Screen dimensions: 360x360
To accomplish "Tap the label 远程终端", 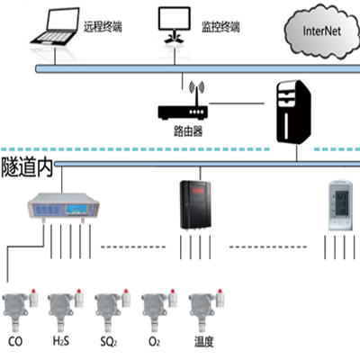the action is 103,27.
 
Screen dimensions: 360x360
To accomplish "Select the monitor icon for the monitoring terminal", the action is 175,25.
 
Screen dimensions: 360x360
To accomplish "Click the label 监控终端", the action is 220,27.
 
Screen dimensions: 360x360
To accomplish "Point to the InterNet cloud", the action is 322,31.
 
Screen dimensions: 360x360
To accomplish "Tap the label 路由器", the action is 188,131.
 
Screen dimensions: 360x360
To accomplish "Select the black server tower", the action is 293,112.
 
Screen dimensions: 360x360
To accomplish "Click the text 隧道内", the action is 27,167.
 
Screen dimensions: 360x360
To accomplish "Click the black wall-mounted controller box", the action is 195,205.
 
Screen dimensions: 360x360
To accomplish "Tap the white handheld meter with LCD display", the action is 340,205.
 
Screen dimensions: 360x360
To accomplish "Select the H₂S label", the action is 61,341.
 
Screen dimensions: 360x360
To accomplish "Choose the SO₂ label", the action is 109,342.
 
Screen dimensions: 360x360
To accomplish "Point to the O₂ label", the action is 154,342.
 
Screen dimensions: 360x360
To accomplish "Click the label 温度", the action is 204,342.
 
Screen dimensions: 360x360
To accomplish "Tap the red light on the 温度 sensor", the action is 220,292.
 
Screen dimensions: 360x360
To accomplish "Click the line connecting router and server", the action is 237,103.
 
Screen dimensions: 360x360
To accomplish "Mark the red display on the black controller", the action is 198,190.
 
